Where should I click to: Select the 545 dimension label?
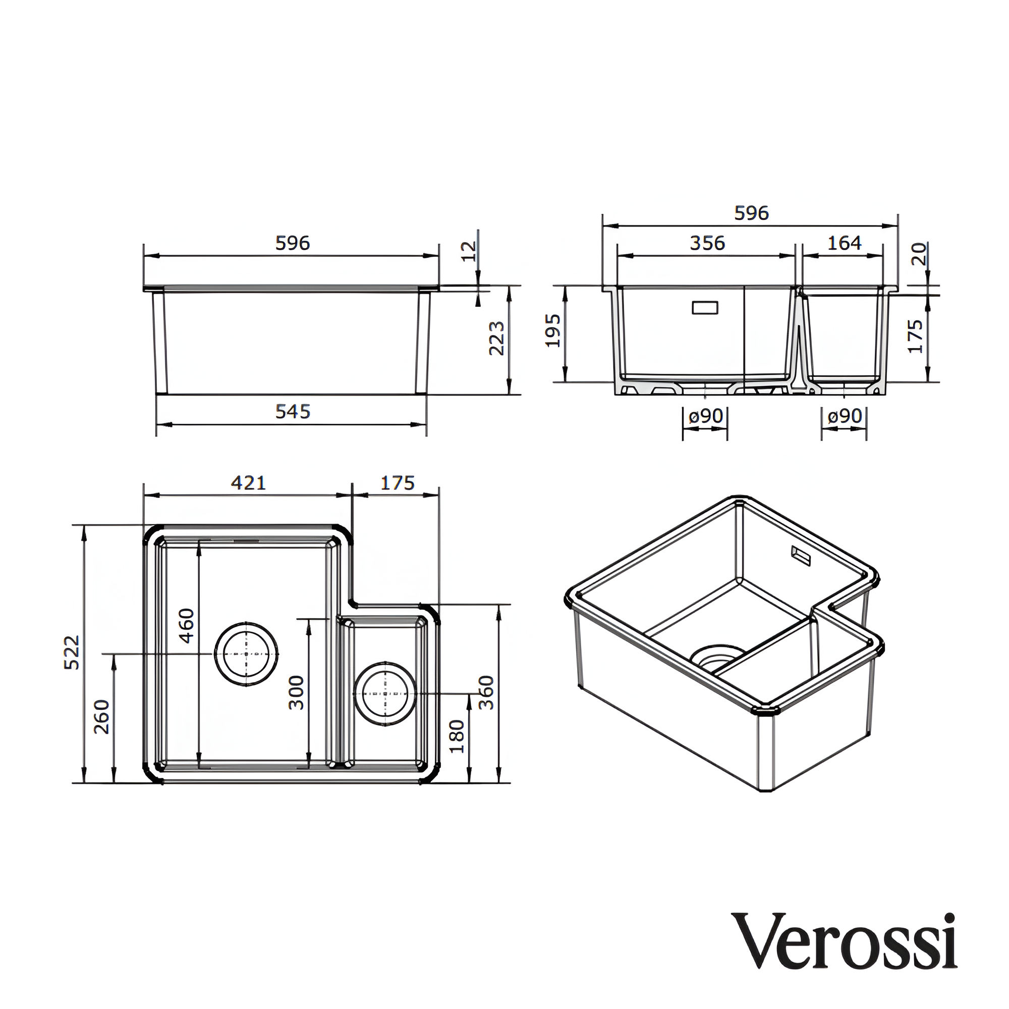tap(293, 412)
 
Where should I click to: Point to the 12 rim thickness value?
tap(471, 251)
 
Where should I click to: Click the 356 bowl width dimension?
tap(707, 243)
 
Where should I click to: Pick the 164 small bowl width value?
tap(845, 243)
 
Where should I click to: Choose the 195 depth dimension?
tap(552, 330)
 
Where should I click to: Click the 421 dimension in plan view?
tap(249, 483)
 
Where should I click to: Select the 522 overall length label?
tap(72, 652)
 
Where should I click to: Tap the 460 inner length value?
tap(187, 625)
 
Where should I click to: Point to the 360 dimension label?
tap(486, 693)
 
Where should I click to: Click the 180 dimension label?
tap(457, 737)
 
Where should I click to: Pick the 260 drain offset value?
tap(102, 716)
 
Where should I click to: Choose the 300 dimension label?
tap(296, 693)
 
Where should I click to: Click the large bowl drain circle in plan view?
tap(246, 654)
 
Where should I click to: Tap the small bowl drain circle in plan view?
tap(385, 694)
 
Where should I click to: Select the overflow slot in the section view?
tap(705, 308)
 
